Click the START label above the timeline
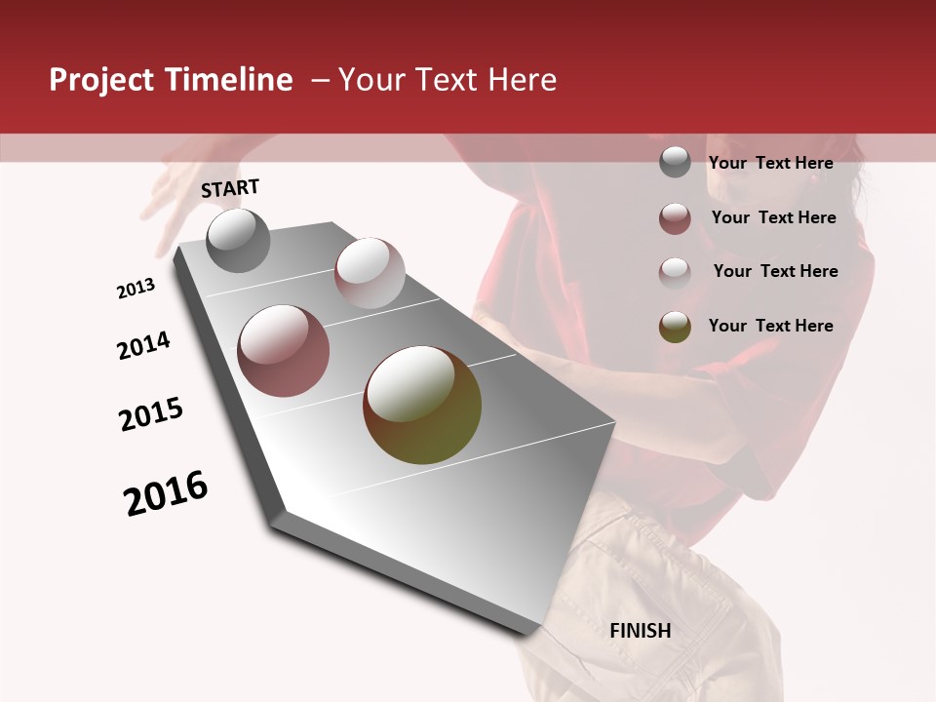230,188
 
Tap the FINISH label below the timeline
641,631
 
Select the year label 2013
136,289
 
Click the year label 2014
144,346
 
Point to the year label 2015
151,414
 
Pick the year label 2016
166,493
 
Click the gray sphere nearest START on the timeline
238,240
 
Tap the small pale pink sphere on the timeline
370,273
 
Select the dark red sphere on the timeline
284,351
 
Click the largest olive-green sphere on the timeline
422,405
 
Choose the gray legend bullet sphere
675,163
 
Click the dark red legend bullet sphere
675,218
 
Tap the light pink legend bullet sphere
675,272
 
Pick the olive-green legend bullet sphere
675,327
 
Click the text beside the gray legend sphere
770,163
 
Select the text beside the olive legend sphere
770,326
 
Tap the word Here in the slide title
523,80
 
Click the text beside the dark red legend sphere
773,217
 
